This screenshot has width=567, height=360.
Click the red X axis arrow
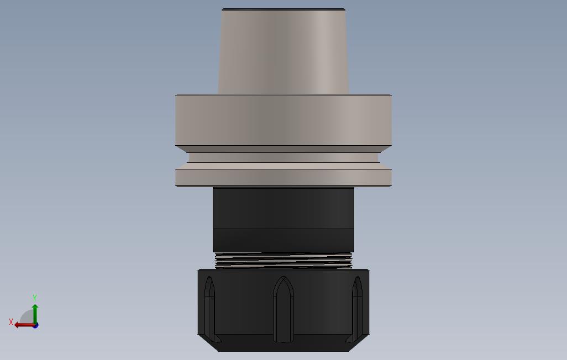24,325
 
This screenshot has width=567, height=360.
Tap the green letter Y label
35,298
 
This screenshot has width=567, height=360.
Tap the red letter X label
11,322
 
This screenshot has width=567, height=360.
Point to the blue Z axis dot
35,326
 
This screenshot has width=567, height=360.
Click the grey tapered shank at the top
283,51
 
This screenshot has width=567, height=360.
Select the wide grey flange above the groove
283,120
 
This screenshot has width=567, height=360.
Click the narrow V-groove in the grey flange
283,157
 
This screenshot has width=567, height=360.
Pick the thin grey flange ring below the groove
283,177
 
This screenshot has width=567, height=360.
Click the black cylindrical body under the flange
283,220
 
